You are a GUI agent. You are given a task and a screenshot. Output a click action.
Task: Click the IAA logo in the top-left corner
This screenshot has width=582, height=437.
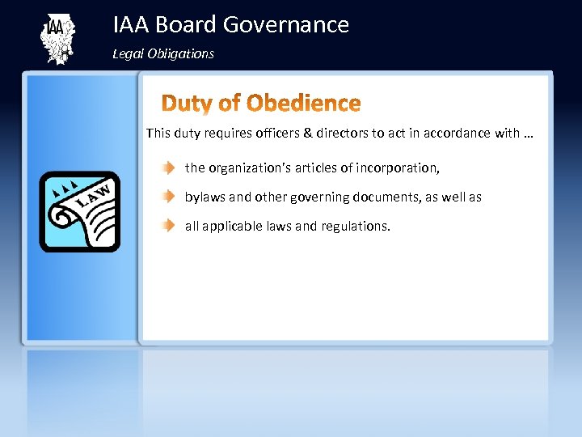click(56, 38)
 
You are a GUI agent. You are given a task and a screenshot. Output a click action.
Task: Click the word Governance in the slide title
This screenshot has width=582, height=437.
click(286, 25)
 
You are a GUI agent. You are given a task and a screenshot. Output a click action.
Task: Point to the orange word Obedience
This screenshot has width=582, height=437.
click(303, 104)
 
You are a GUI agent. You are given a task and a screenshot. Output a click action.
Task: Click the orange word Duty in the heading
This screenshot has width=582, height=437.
click(189, 104)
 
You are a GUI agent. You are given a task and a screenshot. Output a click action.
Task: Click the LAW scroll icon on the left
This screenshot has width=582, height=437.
click(80, 212)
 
